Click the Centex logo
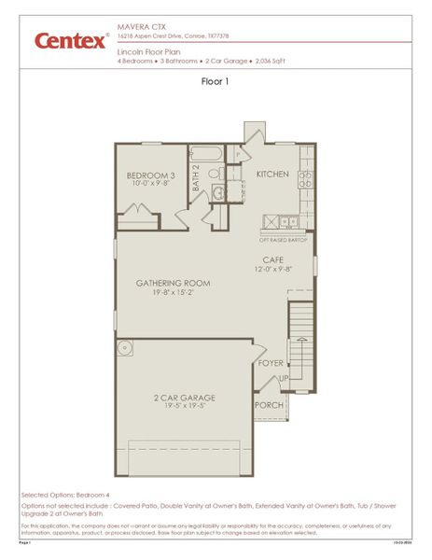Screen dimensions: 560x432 click(71, 40)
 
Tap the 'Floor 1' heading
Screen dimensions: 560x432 click(216, 81)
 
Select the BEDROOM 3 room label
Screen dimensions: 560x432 click(151, 175)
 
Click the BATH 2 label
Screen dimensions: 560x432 click(197, 179)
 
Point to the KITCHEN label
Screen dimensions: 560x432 click(273, 175)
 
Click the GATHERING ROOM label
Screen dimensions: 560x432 click(173, 283)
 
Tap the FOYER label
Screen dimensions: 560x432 click(272, 363)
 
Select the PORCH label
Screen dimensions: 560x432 click(270, 405)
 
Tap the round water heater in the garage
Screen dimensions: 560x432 click(124, 349)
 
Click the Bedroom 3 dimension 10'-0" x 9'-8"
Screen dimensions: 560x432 click(151, 185)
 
